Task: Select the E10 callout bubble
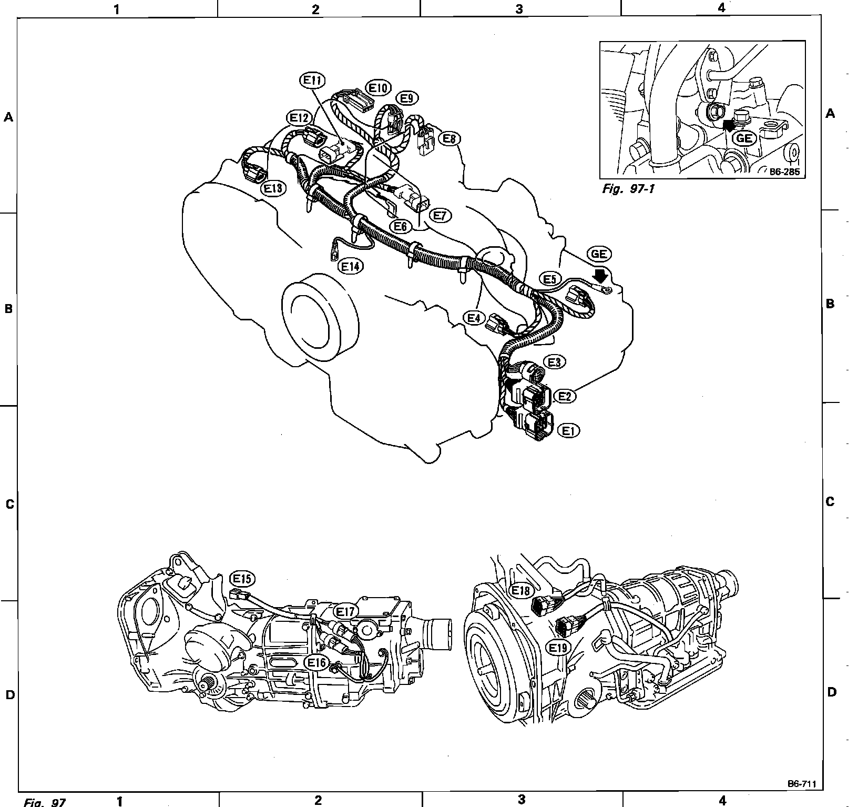[x=378, y=87]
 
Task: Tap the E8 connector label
[x=449, y=138]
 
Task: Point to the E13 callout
[x=273, y=188]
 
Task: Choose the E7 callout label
[x=440, y=215]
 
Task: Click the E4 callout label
[x=474, y=318]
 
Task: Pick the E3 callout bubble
[x=555, y=362]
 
